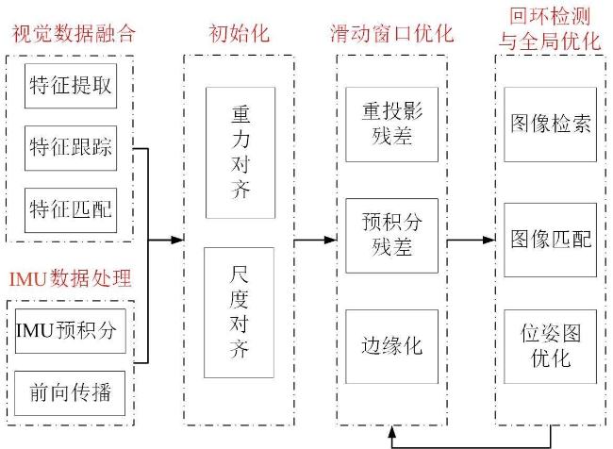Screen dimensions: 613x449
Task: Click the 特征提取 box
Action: click(x=71, y=86)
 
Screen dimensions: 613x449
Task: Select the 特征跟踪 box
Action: click(x=71, y=148)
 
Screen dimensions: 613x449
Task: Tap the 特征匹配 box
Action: click(x=71, y=210)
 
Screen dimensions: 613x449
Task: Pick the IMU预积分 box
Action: click(x=71, y=331)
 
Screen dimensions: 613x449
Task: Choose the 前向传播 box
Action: click(x=70, y=393)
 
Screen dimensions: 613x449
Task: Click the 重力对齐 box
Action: click(x=240, y=153)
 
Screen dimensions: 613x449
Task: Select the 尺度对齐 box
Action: click(x=239, y=312)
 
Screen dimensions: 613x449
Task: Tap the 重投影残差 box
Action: click(x=391, y=125)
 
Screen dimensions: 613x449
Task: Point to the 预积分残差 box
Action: click(x=391, y=236)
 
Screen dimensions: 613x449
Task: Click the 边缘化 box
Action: click(x=391, y=346)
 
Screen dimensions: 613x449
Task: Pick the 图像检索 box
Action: click(x=551, y=125)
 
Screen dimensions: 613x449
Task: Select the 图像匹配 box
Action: click(x=551, y=240)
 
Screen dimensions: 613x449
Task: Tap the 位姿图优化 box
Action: click(x=551, y=346)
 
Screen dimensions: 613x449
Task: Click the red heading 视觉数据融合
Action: click(x=74, y=34)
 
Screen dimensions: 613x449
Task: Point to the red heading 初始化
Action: click(x=239, y=34)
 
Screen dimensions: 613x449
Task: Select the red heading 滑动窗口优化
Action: click(x=391, y=34)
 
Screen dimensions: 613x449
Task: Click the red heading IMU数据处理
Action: click(x=70, y=279)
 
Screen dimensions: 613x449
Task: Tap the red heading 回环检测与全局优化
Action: click(x=550, y=29)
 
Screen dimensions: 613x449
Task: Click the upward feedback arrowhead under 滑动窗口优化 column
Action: click(x=392, y=431)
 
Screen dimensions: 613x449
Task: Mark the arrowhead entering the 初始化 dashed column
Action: click(x=178, y=240)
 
